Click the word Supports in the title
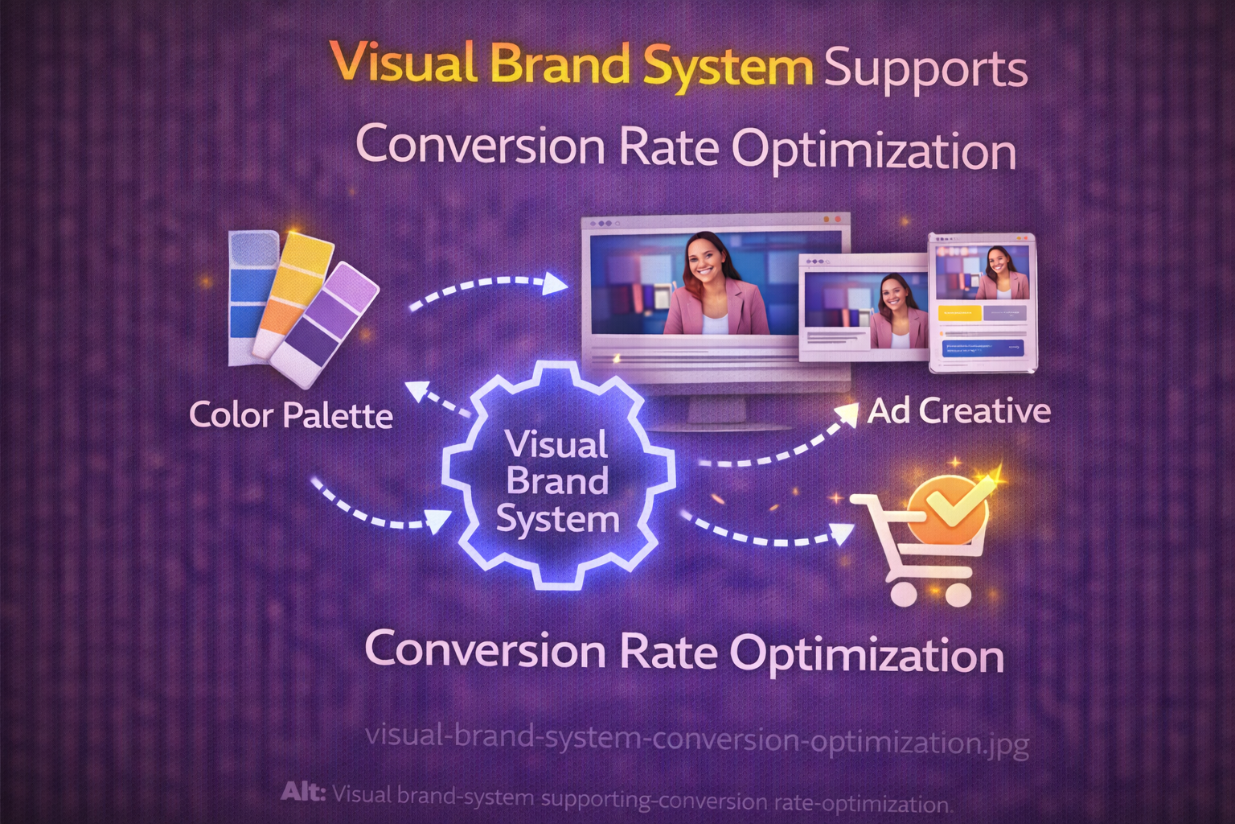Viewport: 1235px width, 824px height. pyautogui.click(x=925, y=72)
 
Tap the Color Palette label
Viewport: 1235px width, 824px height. pyautogui.click(x=291, y=414)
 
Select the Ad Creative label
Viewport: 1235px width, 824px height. pyautogui.click(x=958, y=411)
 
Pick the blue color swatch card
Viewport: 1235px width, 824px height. pyautogui.click(x=253, y=298)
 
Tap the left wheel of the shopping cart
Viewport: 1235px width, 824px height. pyautogui.click(x=903, y=594)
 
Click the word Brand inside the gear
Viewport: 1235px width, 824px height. pyautogui.click(x=557, y=481)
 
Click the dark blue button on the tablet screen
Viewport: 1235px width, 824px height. pyautogui.click(x=983, y=348)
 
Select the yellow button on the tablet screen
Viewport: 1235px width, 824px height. pyautogui.click(x=959, y=313)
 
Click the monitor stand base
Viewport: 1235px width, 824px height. pyautogui.click(x=722, y=426)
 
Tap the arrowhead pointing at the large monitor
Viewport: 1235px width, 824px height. pyautogui.click(x=554, y=284)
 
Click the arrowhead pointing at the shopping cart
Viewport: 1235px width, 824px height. pyautogui.click(x=841, y=534)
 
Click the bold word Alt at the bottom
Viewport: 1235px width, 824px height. pyautogui.click(x=302, y=793)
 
